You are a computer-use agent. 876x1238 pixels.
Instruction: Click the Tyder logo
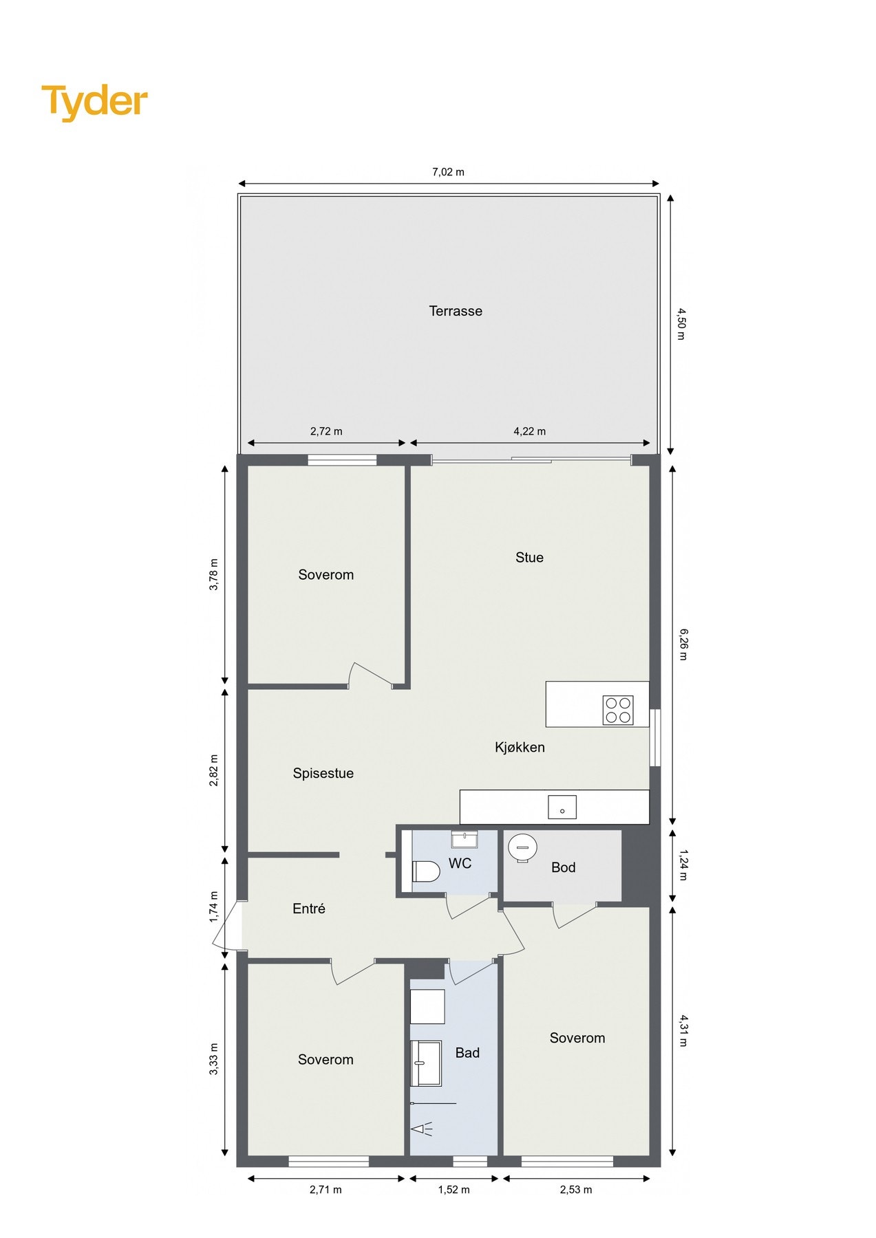94,102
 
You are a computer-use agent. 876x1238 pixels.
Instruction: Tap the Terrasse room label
455,311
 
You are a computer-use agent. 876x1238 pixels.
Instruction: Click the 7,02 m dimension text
448,172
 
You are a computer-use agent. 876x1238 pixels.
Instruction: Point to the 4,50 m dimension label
681,323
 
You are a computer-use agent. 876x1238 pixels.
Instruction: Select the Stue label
529,557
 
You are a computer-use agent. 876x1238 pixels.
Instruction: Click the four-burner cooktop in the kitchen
617,710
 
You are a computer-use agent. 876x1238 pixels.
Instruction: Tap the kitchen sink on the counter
562,807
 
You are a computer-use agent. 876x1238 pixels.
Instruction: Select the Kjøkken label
520,747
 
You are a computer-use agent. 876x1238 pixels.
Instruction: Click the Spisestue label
323,773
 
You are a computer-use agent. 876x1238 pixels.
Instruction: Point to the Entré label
308,909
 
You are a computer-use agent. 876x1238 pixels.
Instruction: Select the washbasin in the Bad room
425,1063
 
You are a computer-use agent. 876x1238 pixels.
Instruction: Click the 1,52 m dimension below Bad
453,1190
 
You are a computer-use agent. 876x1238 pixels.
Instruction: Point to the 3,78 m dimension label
214,574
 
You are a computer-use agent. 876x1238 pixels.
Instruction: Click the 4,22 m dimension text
529,431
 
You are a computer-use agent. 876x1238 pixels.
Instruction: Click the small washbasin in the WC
464,839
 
